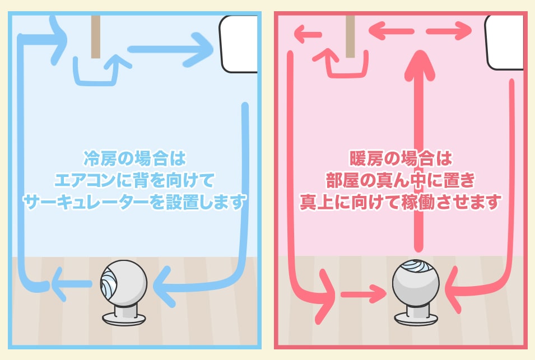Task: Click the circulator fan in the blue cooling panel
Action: [x=124, y=283]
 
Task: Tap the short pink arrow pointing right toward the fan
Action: [x=361, y=293]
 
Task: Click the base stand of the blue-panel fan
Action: [x=124, y=317]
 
